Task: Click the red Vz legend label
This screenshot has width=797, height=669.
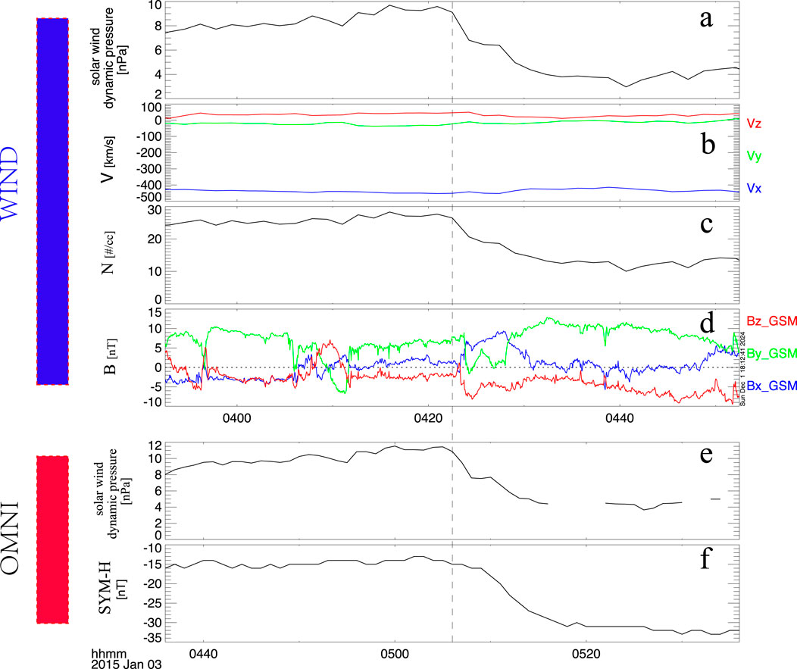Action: pyautogui.click(x=754, y=122)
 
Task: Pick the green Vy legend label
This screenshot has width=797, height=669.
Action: pyautogui.click(x=754, y=157)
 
